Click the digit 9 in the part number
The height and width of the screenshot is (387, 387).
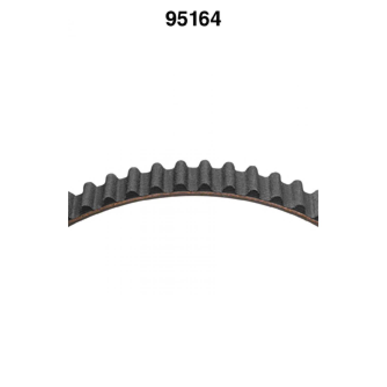pyautogui.click(x=171, y=19)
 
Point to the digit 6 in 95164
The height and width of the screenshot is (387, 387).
pyautogui.click(x=205, y=19)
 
